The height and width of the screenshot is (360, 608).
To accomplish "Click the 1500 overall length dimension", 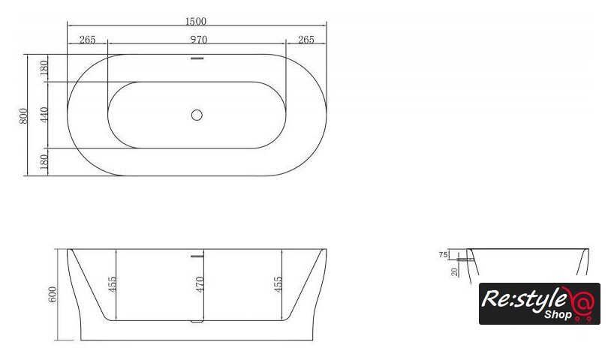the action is (196, 21).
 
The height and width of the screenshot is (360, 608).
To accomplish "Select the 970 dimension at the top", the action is (198, 40).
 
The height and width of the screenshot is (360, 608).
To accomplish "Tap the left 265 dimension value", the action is (87, 40).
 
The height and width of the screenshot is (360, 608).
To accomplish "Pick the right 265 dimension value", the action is (306, 40).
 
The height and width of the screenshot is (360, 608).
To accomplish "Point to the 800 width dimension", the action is (24, 115).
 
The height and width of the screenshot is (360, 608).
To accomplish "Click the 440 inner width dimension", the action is (44, 115).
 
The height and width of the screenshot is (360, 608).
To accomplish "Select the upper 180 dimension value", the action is (44, 67).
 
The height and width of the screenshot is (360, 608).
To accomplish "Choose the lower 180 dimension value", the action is (44, 162).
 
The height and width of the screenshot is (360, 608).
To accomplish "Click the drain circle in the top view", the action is (197, 115).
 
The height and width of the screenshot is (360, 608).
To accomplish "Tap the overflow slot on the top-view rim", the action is (197, 58).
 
